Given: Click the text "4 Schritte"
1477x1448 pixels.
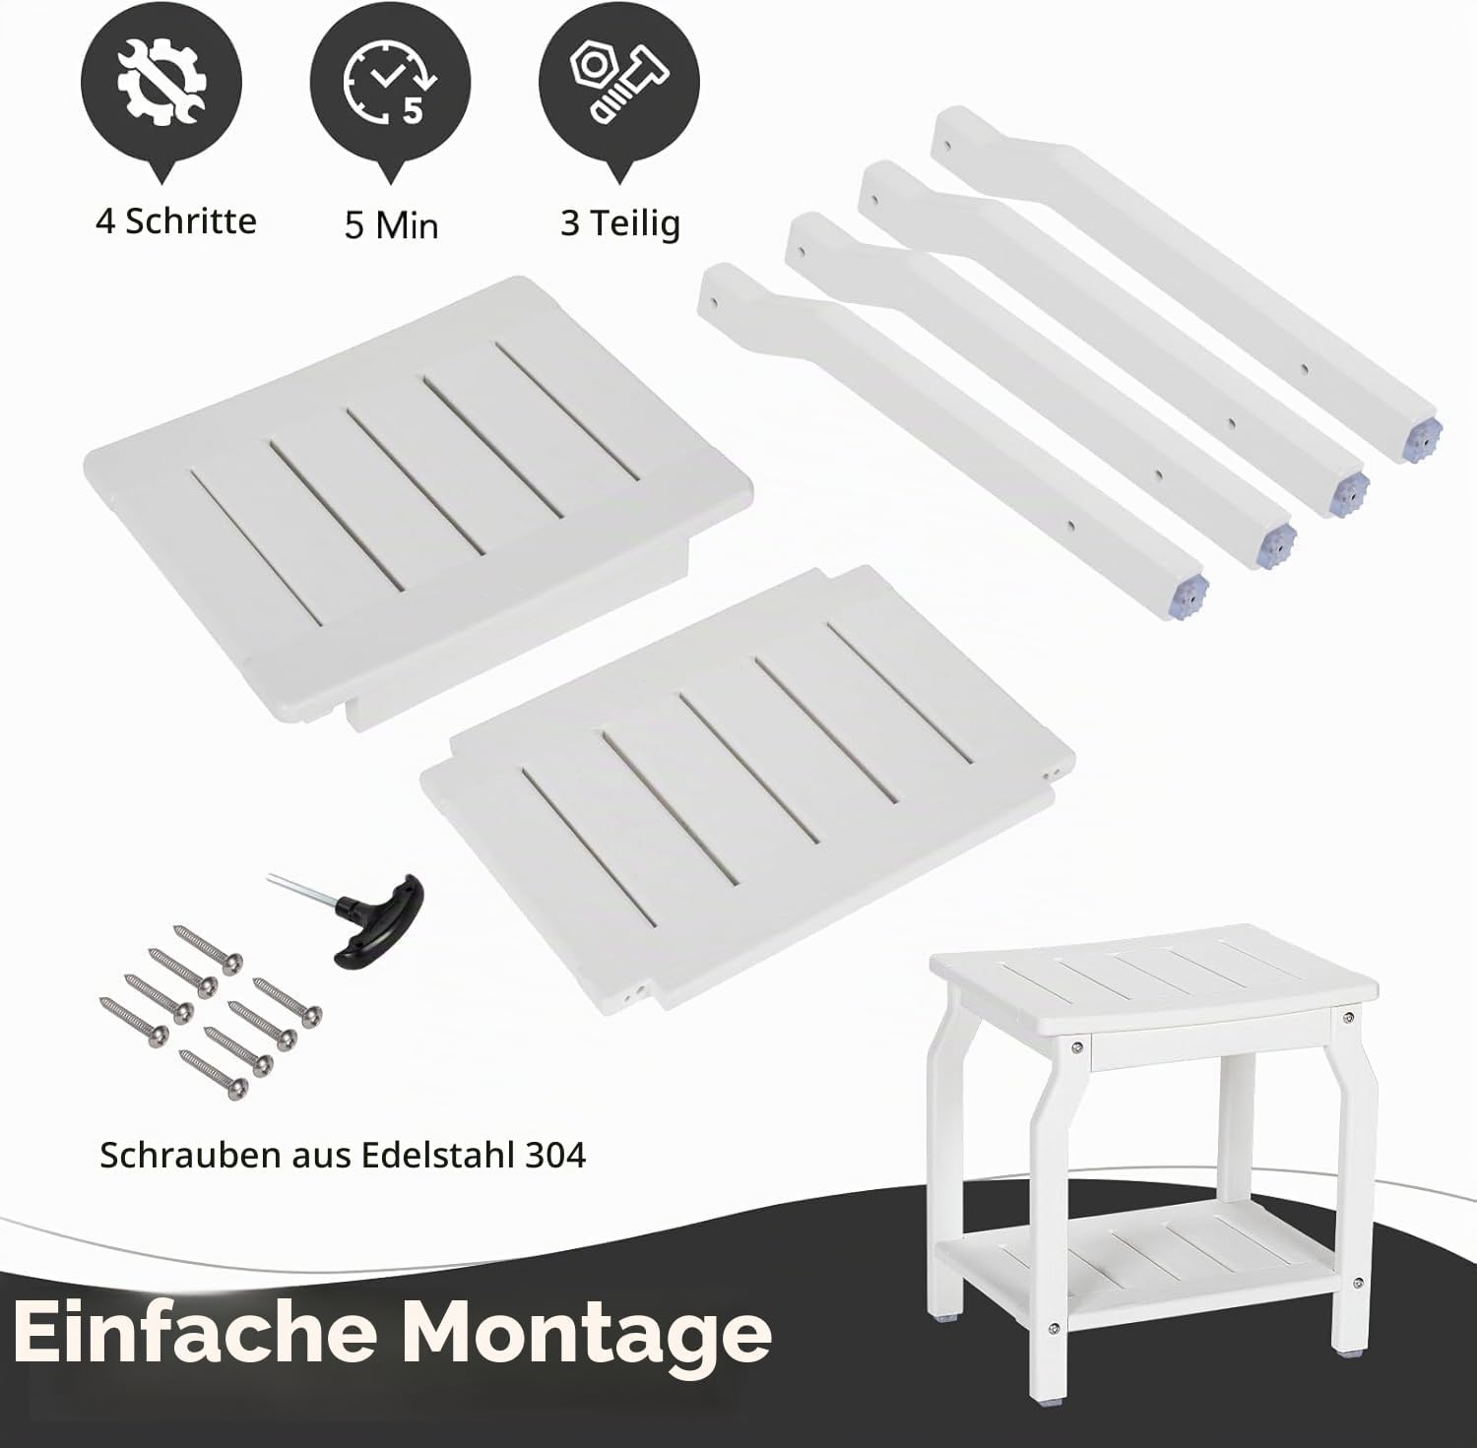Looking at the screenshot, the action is click(x=176, y=220).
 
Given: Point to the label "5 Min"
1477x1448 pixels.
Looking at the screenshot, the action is click(x=391, y=225).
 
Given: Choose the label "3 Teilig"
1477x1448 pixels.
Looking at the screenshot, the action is click(x=620, y=223).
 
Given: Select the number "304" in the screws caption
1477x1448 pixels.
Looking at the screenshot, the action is click(x=555, y=1155).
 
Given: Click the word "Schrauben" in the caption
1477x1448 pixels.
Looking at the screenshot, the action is click(x=189, y=1155).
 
